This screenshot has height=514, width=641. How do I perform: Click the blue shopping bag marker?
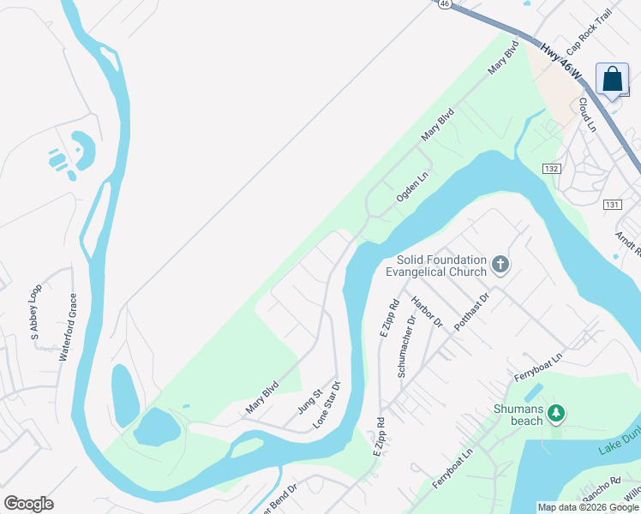(613, 80)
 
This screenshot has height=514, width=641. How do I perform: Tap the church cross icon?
(500, 266)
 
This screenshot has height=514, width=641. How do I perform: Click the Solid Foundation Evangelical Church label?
(435, 266)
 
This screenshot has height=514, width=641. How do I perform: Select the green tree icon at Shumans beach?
(555, 414)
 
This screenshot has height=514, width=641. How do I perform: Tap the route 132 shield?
(551, 169)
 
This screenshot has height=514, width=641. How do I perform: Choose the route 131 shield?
(612, 205)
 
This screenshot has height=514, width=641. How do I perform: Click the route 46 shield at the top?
(443, 3)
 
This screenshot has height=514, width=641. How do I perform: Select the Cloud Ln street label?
(586, 115)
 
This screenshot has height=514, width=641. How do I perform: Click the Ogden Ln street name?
(411, 187)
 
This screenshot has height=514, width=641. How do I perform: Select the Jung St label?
(309, 402)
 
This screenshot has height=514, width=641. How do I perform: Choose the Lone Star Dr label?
(327, 404)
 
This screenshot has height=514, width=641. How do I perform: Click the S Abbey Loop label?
(35, 312)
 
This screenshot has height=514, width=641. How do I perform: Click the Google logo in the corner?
(28, 504)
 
